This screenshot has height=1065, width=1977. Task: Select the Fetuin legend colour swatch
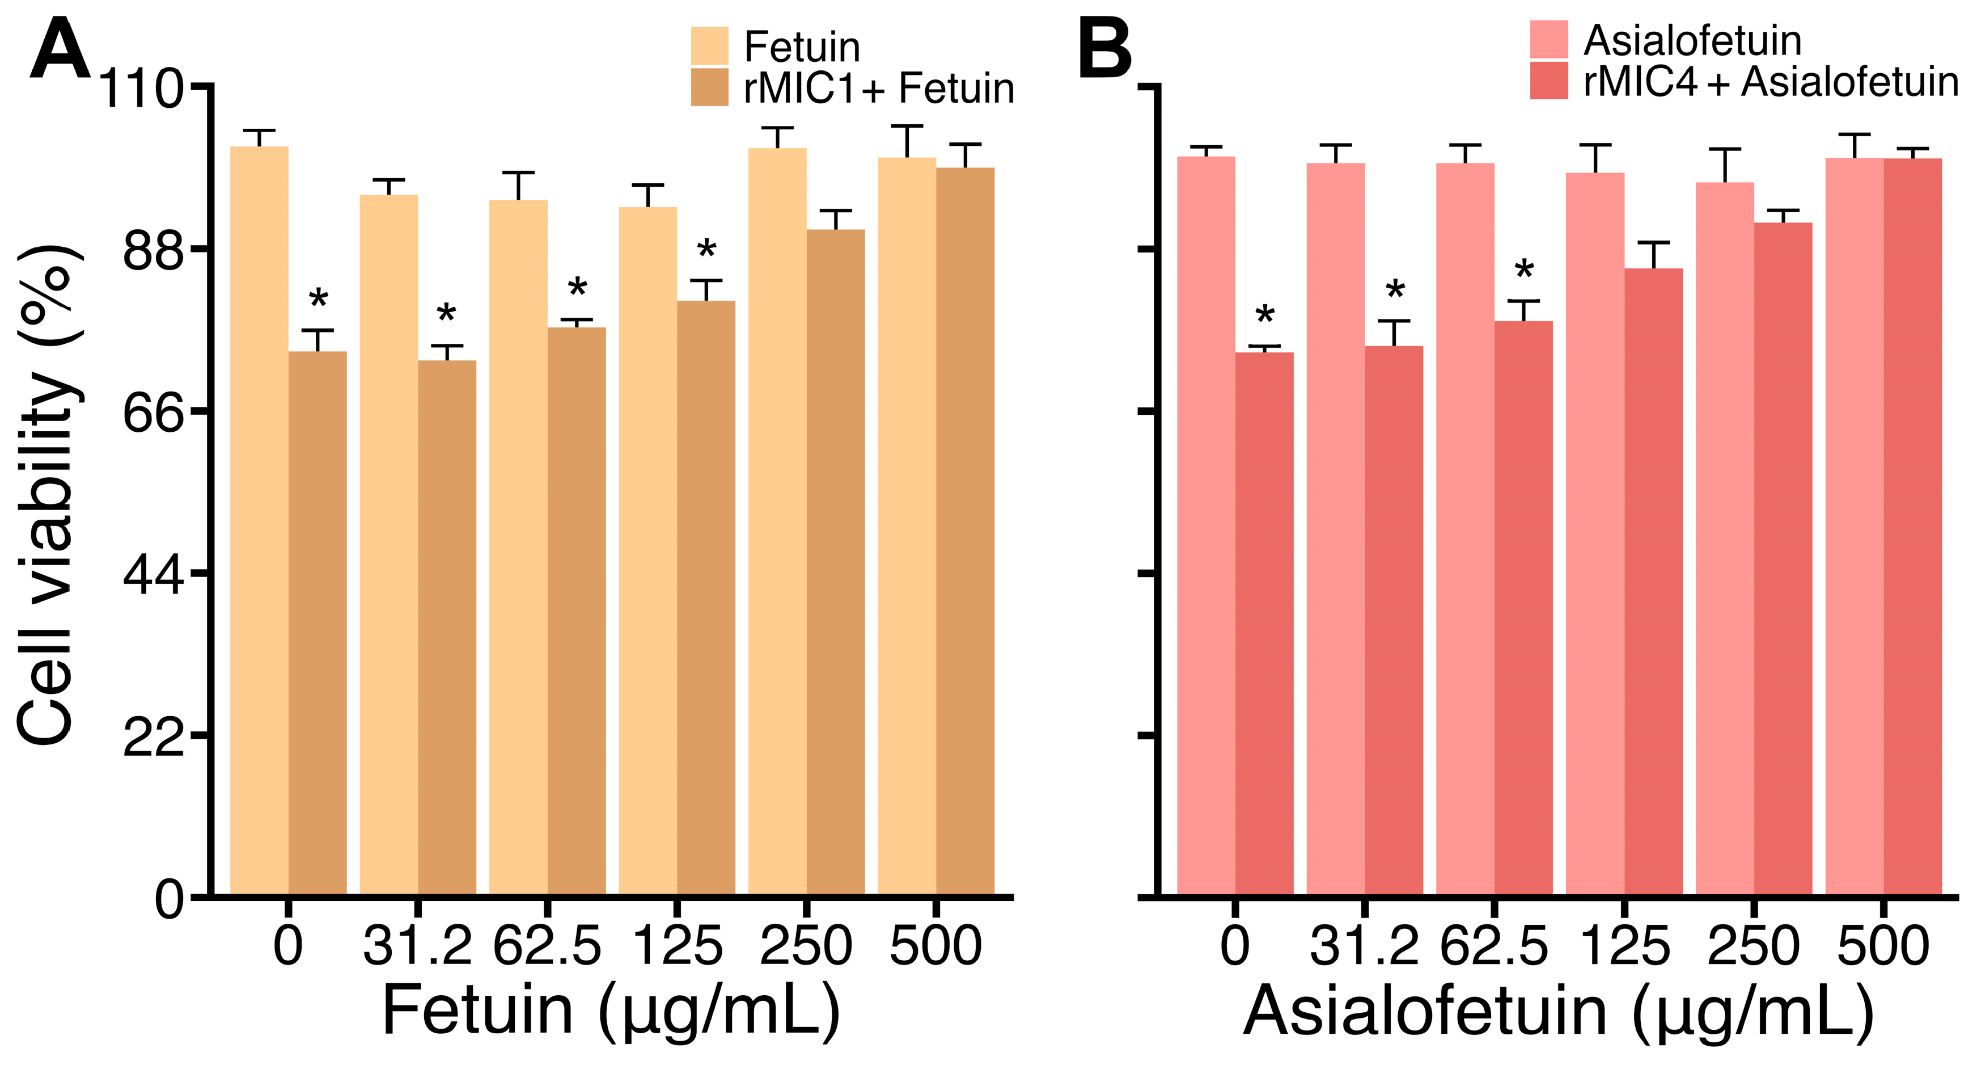tap(709, 46)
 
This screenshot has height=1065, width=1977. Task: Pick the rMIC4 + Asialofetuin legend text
tap(1771, 81)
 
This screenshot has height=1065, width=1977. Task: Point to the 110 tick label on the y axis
tap(141, 89)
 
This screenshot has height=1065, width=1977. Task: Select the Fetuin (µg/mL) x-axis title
tap(610, 1011)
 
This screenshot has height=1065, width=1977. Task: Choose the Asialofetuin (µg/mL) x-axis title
tap(1558, 1011)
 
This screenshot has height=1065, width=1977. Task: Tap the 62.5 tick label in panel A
tap(547, 946)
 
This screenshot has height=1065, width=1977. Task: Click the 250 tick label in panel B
tap(1754, 946)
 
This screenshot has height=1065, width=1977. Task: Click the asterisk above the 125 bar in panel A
tap(706, 250)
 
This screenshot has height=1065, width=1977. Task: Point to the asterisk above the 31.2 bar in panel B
tap(1395, 291)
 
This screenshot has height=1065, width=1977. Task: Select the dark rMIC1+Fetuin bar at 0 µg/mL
tap(317, 622)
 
